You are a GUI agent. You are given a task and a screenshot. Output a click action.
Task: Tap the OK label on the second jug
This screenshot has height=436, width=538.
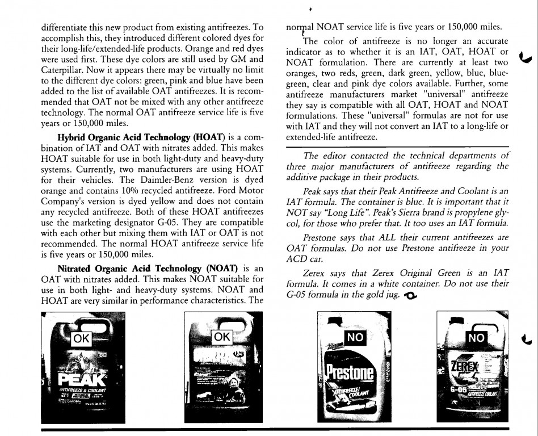click(222, 337)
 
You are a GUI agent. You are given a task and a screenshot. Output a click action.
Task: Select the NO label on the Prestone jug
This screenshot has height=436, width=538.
click(355, 337)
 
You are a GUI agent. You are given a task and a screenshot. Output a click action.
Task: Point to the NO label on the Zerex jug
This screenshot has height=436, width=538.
click(477, 337)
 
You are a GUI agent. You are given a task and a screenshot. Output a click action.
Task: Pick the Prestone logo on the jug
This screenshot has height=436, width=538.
click(350, 372)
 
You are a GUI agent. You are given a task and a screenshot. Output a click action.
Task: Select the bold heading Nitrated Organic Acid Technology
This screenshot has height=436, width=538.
click(134, 268)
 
